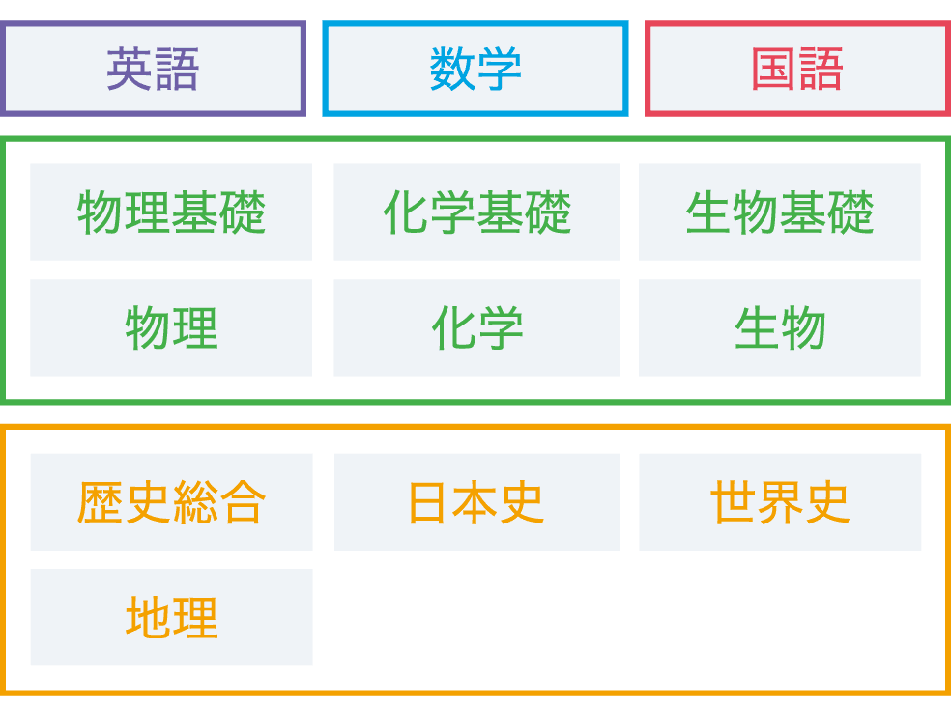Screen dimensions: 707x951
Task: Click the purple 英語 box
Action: (153, 70)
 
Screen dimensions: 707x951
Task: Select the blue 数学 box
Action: (475, 70)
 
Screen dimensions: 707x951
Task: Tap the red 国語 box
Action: (797, 70)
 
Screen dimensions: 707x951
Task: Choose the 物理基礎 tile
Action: (171, 212)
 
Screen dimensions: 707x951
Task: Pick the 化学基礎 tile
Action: (476, 212)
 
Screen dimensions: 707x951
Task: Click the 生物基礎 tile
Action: (779, 212)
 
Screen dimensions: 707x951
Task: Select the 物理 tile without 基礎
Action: (171, 328)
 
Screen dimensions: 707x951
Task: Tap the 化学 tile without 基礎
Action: (476, 328)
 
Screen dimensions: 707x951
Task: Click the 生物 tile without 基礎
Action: (779, 328)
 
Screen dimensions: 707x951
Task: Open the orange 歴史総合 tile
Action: (171, 502)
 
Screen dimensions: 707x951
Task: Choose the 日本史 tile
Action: (476, 502)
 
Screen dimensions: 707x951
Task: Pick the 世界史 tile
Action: (779, 502)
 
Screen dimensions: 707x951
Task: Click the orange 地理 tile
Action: (171, 618)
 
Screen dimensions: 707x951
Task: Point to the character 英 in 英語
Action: (130, 70)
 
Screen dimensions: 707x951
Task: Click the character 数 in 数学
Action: (452, 70)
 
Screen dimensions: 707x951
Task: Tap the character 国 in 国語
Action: (774, 70)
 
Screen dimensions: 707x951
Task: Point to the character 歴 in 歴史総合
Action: (101, 502)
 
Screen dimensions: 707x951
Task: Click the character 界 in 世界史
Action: (779, 502)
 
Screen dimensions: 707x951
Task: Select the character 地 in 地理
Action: (148, 618)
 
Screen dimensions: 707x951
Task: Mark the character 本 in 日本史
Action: (475, 502)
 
